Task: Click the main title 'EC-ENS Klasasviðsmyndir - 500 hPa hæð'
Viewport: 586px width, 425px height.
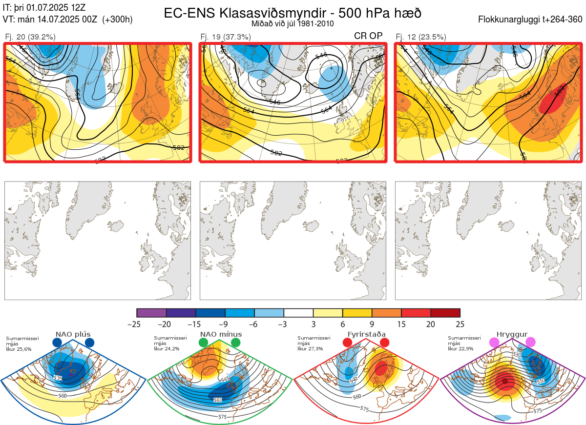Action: tap(293, 13)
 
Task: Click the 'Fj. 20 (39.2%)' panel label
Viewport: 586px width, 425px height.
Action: tap(30, 37)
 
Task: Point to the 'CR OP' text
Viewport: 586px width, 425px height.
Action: tap(368, 36)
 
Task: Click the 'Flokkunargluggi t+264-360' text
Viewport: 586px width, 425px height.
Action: tap(531, 20)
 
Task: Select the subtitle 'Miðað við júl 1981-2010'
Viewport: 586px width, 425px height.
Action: tap(293, 23)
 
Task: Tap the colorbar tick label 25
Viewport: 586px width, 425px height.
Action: tap(460, 324)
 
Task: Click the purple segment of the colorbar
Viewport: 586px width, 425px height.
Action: tap(151, 313)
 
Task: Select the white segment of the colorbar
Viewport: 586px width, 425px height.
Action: tap(298, 313)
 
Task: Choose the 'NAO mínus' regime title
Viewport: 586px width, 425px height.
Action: tap(220, 334)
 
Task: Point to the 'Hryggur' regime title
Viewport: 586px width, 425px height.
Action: tap(512, 334)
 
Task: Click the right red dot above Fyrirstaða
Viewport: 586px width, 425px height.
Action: tap(384, 343)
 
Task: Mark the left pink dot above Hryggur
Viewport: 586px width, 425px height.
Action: tap(494, 343)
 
